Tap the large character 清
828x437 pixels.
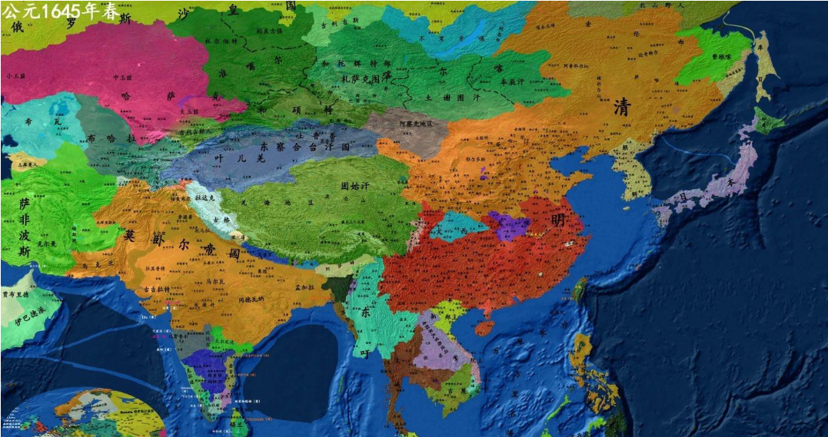tap(622, 108)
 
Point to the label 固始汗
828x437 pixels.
tap(355, 186)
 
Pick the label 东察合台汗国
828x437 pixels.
tap(305, 146)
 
